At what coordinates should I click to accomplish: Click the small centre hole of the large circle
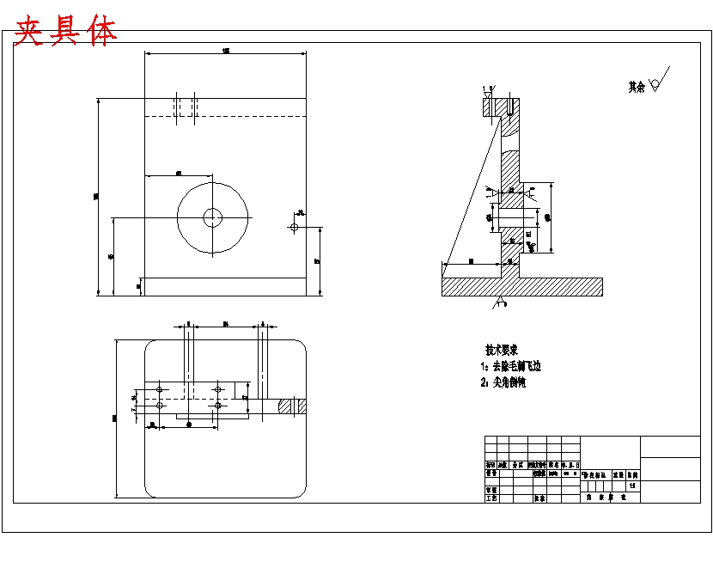[213, 217]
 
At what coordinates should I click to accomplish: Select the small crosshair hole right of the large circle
[295, 227]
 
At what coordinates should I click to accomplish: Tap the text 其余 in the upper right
[637, 87]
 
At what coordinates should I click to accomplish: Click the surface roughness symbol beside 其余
[658, 82]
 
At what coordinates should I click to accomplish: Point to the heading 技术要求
[503, 351]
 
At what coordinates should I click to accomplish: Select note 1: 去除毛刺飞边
[511, 367]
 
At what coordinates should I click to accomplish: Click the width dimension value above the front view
[226, 52]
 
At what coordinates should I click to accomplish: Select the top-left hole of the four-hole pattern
[160, 389]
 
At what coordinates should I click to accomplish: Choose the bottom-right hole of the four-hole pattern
[218, 405]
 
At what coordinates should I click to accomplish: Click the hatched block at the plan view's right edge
[292, 405]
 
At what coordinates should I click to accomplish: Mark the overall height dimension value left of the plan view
[114, 418]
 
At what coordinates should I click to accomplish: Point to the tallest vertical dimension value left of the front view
[96, 197]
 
